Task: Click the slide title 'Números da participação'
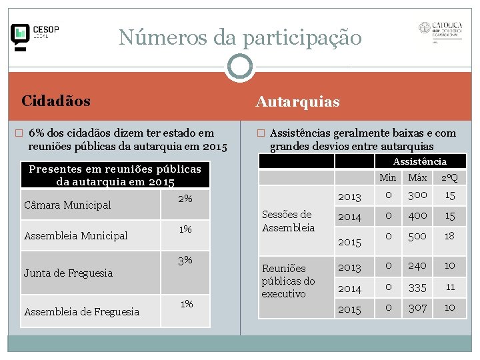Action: click(240, 37)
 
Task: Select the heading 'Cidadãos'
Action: click(56, 101)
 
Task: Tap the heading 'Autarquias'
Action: click(298, 102)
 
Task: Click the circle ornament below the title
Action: click(239, 67)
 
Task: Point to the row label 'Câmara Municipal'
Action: click(67, 205)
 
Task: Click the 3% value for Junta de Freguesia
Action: click(185, 260)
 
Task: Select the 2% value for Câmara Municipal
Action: click(185, 199)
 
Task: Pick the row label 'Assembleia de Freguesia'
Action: click(81, 311)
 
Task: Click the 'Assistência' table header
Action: click(420, 161)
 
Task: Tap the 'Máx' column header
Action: click(417, 178)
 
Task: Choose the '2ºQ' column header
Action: click(450, 178)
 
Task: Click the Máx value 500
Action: click(417, 235)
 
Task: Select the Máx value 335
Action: click(417, 287)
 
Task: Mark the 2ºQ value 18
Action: click(450, 235)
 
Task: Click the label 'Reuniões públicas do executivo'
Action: click(288, 281)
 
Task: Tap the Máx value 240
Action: click(417, 265)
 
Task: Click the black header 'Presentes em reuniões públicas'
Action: click(115, 175)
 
